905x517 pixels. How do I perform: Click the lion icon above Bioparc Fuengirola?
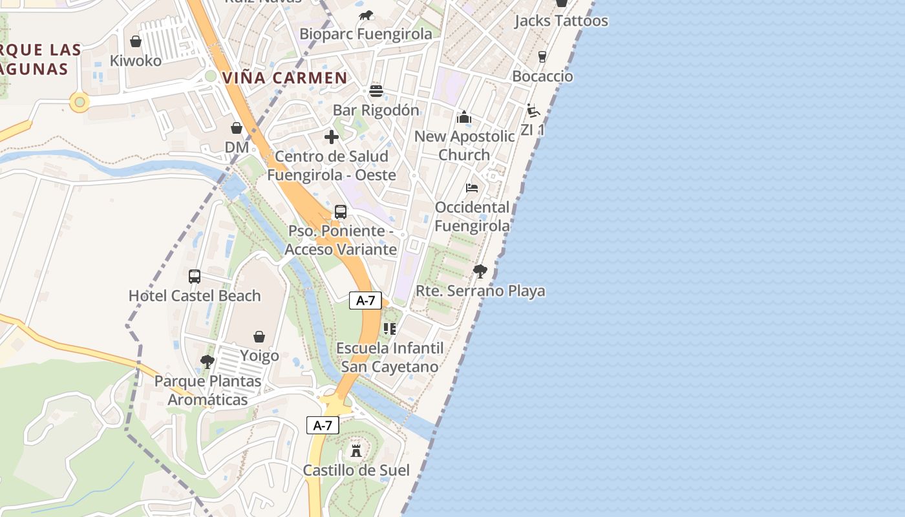pos(366,16)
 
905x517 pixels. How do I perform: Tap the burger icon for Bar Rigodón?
pos(376,91)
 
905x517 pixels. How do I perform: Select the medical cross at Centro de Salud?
pos(332,137)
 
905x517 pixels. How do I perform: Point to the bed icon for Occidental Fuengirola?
pos(472,188)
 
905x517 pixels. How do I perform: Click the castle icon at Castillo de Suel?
pos(356,450)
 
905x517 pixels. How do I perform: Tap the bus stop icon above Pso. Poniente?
pos(341,212)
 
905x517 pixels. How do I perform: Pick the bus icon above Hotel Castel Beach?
pos(195,277)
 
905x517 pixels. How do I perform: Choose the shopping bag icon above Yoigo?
pos(259,337)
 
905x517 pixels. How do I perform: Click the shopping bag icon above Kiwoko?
pos(136,42)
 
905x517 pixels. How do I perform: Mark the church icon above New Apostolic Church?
pos(464,117)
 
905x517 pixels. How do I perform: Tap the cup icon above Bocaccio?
pos(542,57)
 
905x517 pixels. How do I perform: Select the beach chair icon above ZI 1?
pos(533,111)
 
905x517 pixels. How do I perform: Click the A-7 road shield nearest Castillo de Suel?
pos(323,425)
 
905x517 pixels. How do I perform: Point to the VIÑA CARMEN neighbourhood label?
pos(285,78)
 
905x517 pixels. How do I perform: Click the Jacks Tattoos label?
pos(561,21)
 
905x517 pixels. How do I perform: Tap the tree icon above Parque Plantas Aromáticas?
pos(208,362)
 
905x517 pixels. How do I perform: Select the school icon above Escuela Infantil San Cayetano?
pos(390,329)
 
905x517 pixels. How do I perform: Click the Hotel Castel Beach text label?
pos(195,296)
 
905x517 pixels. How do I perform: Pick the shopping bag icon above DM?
pos(237,128)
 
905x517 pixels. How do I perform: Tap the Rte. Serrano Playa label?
pos(480,291)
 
